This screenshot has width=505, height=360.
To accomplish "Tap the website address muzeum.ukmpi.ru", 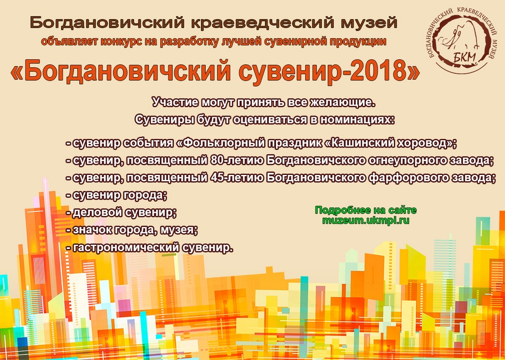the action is (365, 221).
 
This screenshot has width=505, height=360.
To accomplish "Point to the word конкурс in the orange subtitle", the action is (123, 41).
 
